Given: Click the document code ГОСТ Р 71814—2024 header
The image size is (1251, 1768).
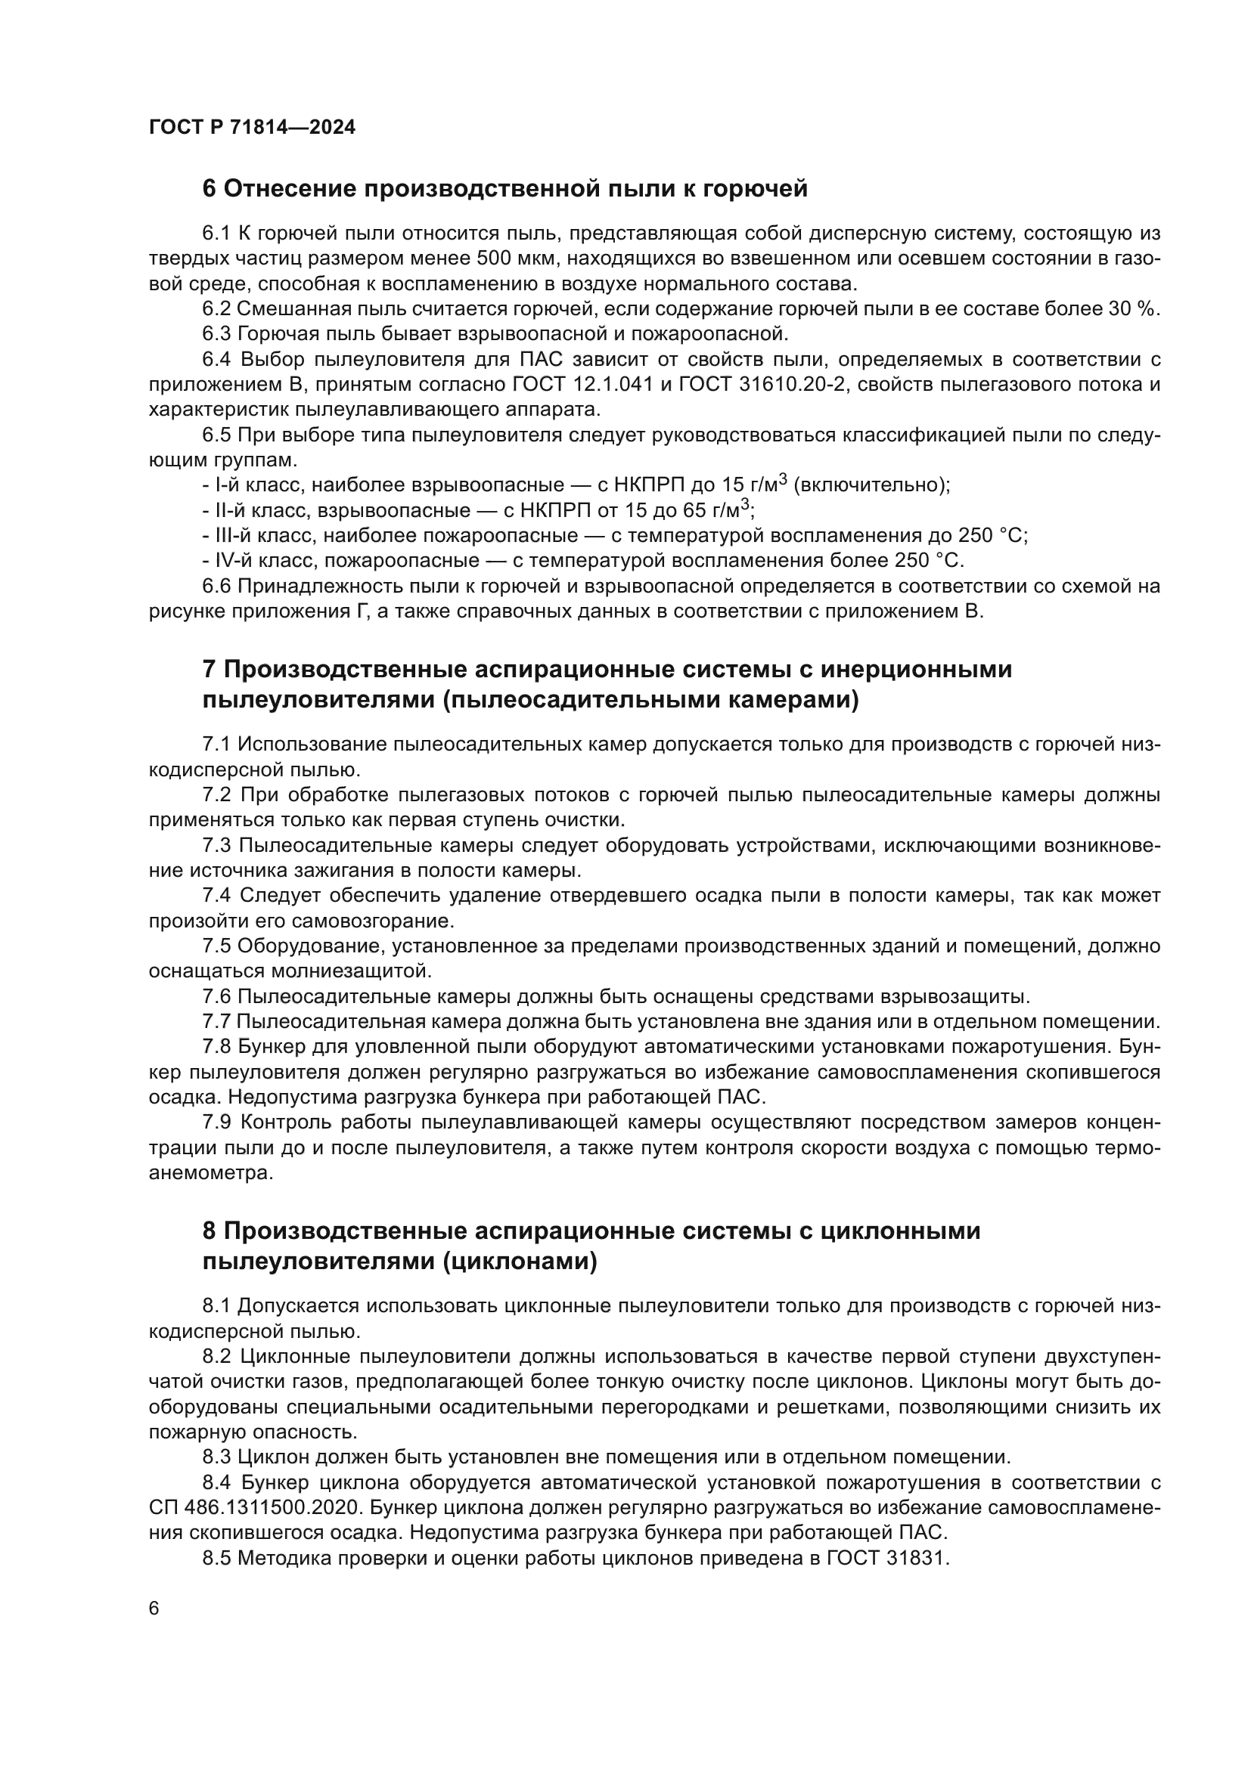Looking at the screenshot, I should (x=252, y=128).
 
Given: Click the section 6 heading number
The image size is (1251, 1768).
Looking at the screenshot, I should (x=210, y=189).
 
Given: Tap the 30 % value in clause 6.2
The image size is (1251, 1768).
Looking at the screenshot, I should (x=1135, y=309).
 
